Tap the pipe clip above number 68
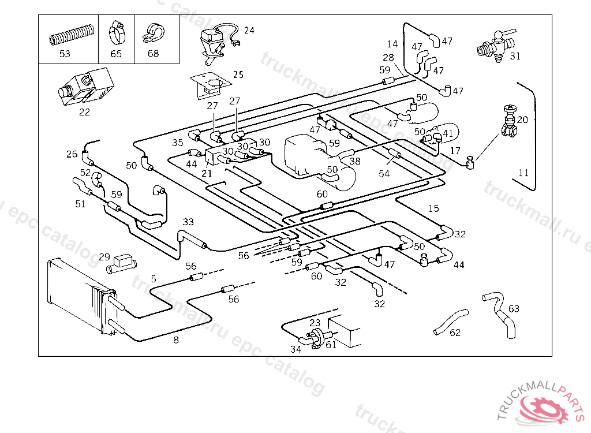(x=152, y=33)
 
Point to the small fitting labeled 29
(x=121, y=263)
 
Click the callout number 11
(x=523, y=173)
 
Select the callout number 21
(x=207, y=173)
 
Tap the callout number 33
(x=189, y=222)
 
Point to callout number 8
(x=176, y=340)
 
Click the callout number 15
(x=433, y=208)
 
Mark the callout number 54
(x=384, y=173)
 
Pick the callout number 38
(x=354, y=161)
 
